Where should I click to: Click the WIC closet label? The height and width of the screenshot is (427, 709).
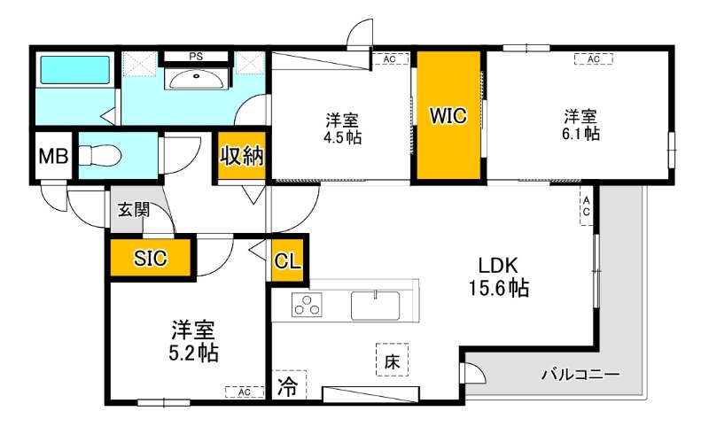tap(448, 116)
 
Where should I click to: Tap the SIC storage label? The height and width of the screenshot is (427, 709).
tap(151, 259)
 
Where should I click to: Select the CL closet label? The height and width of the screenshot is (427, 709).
tap(287, 261)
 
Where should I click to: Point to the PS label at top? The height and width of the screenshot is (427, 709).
tap(195, 57)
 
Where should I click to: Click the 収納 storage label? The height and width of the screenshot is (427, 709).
tap(241, 156)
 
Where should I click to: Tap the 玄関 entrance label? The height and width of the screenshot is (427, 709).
tap(134, 210)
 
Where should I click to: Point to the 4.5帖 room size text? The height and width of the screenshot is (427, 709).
tap(342, 139)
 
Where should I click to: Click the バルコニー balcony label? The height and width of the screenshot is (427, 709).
tap(580, 374)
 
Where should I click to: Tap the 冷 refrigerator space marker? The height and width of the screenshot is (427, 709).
tap(287, 386)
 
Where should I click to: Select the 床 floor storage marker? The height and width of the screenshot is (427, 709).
tap(391, 361)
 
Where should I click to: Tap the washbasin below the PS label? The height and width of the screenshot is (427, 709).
tap(196, 80)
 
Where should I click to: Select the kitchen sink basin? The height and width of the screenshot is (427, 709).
tap(376, 306)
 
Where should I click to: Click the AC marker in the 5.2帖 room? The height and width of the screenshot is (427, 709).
tap(240, 391)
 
